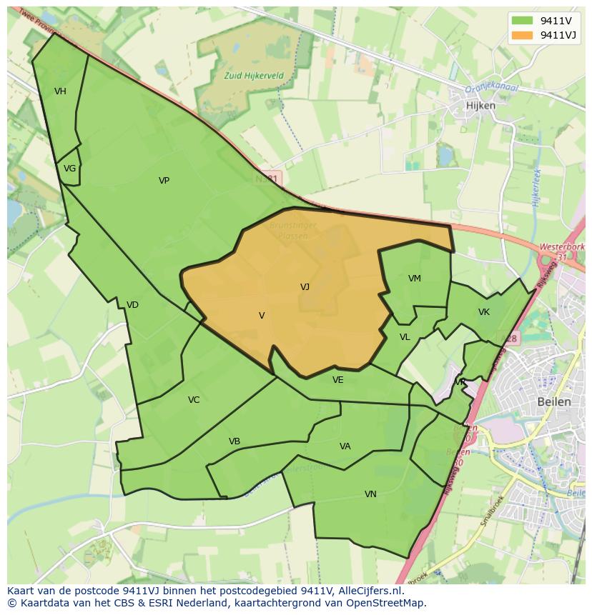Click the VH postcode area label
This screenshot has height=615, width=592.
(x=60, y=91)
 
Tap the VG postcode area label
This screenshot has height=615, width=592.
(x=69, y=169)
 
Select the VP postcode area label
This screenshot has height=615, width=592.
(x=164, y=181)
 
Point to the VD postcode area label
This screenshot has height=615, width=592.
(x=132, y=305)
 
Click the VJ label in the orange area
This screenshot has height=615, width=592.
(x=305, y=287)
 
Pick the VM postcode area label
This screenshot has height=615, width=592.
(x=415, y=279)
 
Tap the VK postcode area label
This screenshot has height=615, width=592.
(x=484, y=312)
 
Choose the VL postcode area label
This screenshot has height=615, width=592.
(x=405, y=337)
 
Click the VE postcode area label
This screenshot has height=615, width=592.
(x=338, y=380)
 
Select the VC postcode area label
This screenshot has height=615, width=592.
(x=194, y=400)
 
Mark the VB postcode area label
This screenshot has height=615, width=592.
(x=235, y=441)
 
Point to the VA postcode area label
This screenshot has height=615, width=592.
(x=345, y=446)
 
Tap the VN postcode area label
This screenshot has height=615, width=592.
(x=370, y=494)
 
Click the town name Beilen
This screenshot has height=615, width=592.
(x=554, y=401)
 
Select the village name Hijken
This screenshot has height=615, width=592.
(x=480, y=105)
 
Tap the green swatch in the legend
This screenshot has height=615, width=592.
(x=522, y=21)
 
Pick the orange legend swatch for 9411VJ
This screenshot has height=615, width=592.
(x=522, y=35)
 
